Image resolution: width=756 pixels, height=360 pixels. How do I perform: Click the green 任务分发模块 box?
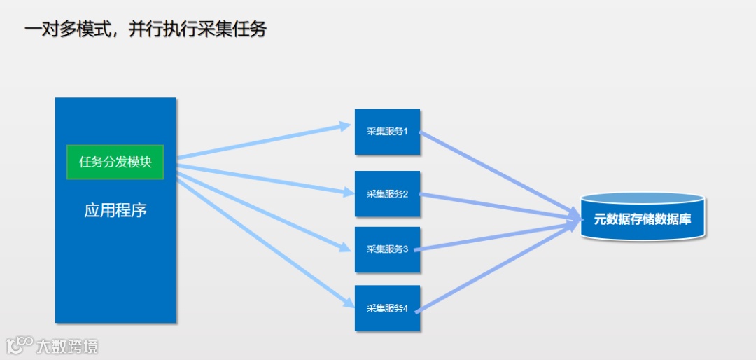[115, 162]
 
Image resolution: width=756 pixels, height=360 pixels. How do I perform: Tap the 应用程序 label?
[115, 210]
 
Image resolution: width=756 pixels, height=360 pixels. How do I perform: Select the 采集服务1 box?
[387, 132]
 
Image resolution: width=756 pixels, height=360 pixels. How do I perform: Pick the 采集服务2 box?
[387, 193]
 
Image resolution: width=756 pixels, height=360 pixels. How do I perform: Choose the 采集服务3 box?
[387, 249]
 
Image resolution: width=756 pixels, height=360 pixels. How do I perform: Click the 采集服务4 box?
[387, 308]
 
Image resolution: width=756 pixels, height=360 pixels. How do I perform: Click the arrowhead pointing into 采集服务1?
[344, 126]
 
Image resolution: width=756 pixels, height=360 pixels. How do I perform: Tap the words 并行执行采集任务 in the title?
[197, 29]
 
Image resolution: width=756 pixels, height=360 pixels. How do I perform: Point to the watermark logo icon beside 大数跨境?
[20, 345]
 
